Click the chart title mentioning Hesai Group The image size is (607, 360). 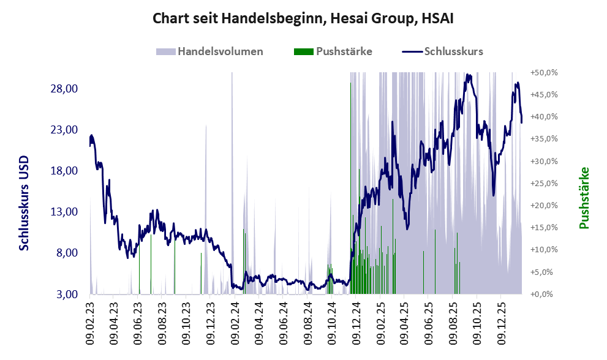tap(303, 19)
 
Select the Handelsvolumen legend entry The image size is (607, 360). tap(211, 51)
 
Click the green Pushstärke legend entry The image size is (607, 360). tap(333, 51)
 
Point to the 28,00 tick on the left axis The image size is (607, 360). tap(63, 89)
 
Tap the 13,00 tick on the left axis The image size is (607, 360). tap(63, 212)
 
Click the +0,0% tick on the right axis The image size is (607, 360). tap(545, 294)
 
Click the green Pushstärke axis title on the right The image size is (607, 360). tap(583, 198)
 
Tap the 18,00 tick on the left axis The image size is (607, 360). tap(63, 171)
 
